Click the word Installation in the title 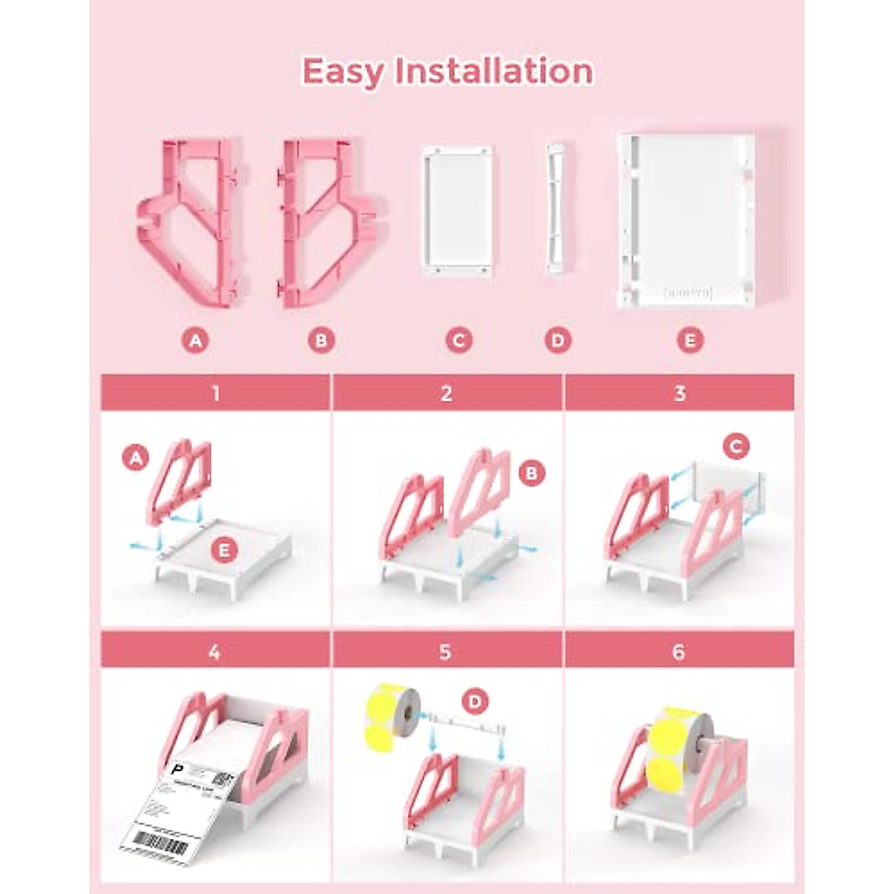coord(493,71)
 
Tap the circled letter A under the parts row coord(195,340)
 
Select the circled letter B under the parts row coord(321,340)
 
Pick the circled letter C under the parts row coord(459,340)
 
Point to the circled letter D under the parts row coord(557,340)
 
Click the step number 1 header coord(215,393)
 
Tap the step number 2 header coord(446,393)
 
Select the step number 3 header coord(679,393)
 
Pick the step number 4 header coord(215,652)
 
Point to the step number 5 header coord(446,652)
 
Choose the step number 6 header coord(679,652)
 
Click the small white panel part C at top coord(457,212)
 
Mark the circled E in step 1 coord(224,551)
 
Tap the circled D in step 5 coord(475,701)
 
